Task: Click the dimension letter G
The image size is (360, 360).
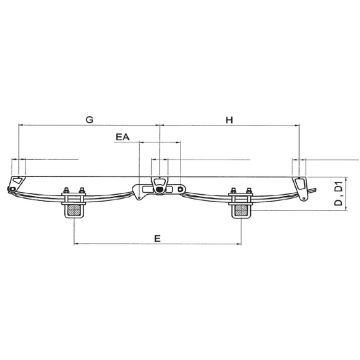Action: click(x=90, y=120)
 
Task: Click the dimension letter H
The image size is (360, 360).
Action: click(x=229, y=120)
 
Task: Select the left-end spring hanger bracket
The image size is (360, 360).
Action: click(x=14, y=179)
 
